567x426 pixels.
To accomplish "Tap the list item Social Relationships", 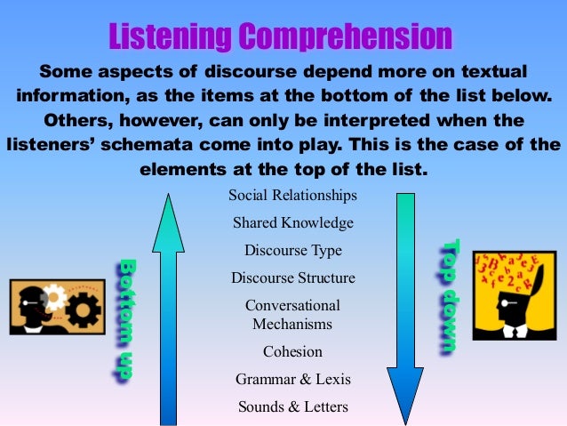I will tap(292, 195).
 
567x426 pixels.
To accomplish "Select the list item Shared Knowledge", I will tap(292, 222).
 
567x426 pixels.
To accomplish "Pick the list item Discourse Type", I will tap(292, 250).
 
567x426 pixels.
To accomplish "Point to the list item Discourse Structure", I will tap(292, 277).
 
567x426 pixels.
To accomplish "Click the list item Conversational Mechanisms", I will tap(292, 314).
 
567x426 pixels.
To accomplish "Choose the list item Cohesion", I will tap(292, 351).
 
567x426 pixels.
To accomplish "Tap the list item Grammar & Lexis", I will tap(292, 379).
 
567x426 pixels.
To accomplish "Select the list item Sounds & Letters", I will tap(292, 407).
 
